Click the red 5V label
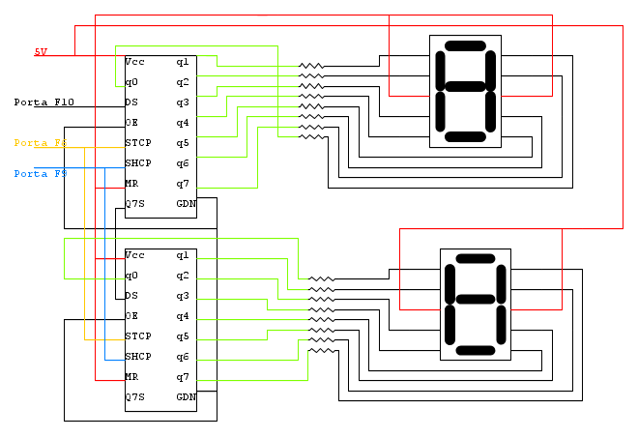click(x=41, y=51)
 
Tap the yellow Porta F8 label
click(x=40, y=143)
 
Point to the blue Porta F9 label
click(x=40, y=174)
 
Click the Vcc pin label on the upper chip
click(x=134, y=62)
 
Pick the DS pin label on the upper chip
click(x=131, y=102)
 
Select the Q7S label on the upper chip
click(x=135, y=204)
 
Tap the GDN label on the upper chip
click(x=186, y=204)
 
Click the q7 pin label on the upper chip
click(x=182, y=184)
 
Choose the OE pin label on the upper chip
click(x=131, y=123)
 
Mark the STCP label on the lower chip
click(x=138, y=336)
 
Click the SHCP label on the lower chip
click(x=138, y=357)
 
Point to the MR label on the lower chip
click(x=131, y=377)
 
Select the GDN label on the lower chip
click(x=186, y=397)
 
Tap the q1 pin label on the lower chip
click(x=182, y=255)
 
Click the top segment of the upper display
click(x=465, y=44)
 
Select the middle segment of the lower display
click(x=475, y=305)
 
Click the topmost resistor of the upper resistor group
click(x=311, y=68)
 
